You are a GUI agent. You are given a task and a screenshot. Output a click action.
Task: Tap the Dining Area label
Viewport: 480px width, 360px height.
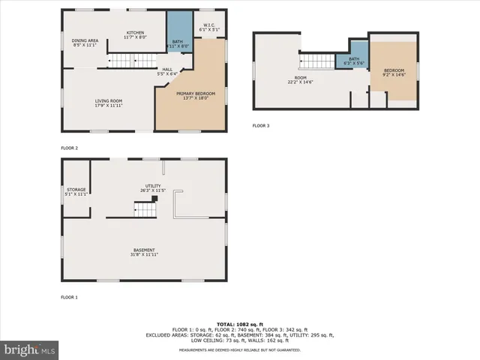pos(85,43)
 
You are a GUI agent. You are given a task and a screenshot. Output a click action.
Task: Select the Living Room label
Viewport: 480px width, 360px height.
pos(108,103)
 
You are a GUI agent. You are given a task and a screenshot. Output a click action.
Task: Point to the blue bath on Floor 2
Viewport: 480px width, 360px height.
pos(178,34)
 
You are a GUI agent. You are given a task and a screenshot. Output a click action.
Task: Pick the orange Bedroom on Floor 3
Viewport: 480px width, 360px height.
pos(394,73)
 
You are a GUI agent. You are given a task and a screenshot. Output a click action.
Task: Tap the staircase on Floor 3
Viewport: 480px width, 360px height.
pos(316,61)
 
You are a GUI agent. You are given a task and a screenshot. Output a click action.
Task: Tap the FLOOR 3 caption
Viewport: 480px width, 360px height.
pos(261,125)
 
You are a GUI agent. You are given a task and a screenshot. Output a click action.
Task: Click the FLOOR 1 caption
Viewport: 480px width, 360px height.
pos(69,298)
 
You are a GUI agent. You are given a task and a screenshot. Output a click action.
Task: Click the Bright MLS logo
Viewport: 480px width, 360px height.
pos(30,349)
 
